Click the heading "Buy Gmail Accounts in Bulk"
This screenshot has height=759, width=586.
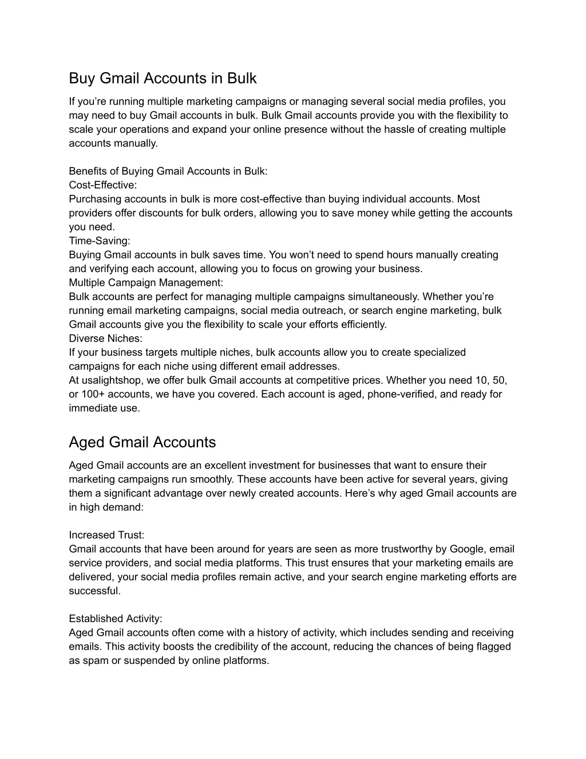[x=163, y=78]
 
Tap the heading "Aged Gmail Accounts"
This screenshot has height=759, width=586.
[x=142, y=442]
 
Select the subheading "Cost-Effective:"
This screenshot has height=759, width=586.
[x=103, y=185]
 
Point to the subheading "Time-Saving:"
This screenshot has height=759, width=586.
[x=100, y=241]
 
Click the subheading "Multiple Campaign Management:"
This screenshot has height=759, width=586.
[x=146, y=282]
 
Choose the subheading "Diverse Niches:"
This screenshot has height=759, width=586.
[x=105, y=339]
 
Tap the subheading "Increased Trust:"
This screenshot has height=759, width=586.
[x=106, y=535]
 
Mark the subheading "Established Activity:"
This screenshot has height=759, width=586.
[x=116, y=619]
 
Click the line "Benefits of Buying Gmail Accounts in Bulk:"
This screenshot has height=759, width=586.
[x=168, y=171]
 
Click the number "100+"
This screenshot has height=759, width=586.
[x=92, y=394]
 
